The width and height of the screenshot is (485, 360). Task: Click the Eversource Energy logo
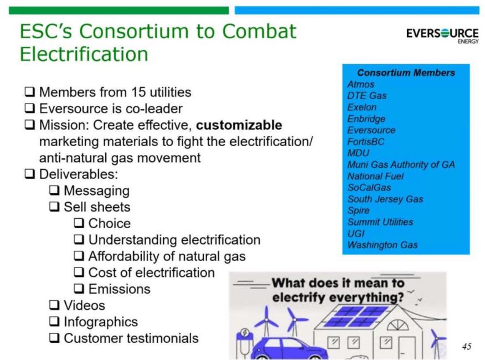click(442, 35)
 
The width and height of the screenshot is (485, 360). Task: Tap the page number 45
click(467, 346)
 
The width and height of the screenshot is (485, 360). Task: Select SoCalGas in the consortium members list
click(369, 188)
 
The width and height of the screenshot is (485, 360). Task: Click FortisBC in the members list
click(365, 142)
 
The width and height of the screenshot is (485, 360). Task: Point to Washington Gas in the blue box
click(383, 245)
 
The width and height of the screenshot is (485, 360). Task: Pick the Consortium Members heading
click(406, 73)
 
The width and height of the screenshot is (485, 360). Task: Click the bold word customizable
click(239, 125)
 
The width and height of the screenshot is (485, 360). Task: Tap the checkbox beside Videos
click(54, 305)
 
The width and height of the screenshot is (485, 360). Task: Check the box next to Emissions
click(79, 289)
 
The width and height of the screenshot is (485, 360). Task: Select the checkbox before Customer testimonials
click(54, 338)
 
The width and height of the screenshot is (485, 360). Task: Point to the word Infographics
click(101, 322)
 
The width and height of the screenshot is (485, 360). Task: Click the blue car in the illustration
click(288, 348)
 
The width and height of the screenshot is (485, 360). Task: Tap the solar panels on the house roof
click(355, 316)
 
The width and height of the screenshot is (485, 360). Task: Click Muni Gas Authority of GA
click(401, 164)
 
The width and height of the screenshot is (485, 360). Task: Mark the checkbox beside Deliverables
click(29, 174)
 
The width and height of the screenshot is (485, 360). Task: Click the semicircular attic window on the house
click(398, 325)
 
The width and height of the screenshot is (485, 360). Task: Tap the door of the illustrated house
click(406, 348)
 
